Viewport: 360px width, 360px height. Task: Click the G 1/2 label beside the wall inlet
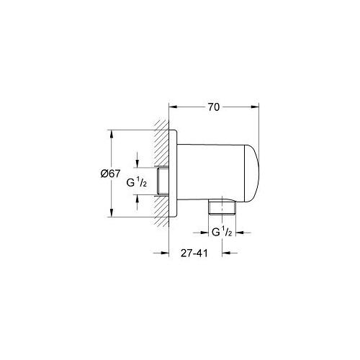137,184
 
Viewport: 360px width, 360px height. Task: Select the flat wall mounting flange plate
173,173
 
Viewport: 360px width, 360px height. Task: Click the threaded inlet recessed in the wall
165,184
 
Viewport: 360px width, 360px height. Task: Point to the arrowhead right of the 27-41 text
225,253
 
